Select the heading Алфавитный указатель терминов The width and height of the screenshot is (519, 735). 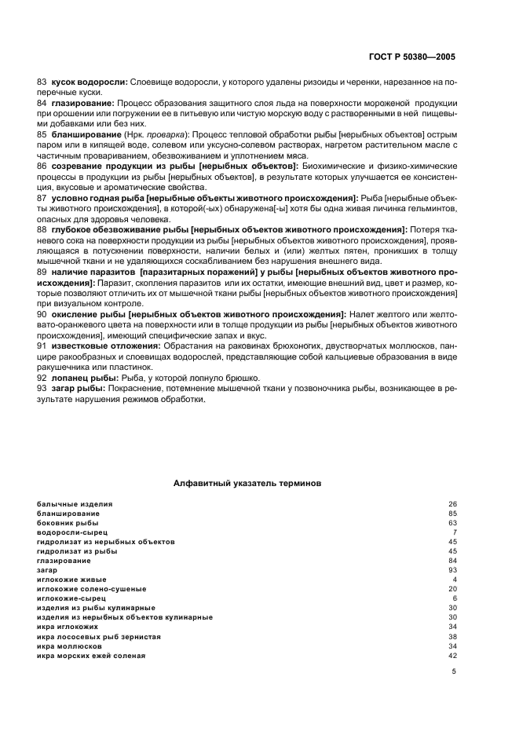[247, 485]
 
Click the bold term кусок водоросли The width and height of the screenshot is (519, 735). [89, 82]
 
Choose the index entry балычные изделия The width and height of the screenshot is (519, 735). [75, 503]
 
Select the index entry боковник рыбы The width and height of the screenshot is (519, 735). [68, 522]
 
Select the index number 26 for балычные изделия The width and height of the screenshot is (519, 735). [452, 503]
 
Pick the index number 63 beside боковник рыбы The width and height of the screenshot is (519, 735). [452, 522]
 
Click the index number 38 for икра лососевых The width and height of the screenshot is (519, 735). [452, 636]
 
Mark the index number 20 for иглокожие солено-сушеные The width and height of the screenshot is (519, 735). [452, 589]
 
